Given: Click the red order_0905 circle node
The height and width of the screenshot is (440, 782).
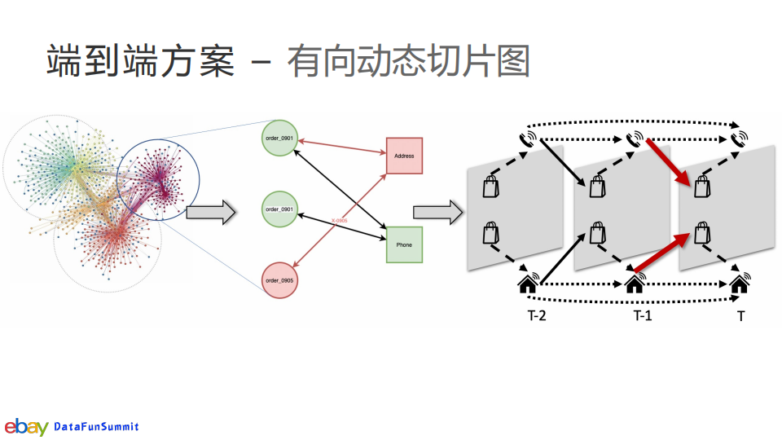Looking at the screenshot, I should (279, 279).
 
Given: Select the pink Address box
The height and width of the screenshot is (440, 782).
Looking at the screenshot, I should (405, 156).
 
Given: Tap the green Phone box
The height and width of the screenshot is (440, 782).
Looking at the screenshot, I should (405, 244).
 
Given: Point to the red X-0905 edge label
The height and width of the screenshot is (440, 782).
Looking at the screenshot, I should (340, 221).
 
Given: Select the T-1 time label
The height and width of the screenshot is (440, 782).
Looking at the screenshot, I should (643, 315).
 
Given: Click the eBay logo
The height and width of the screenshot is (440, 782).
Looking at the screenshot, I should (26, 426).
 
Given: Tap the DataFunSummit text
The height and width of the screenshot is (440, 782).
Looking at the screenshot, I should (96, 427).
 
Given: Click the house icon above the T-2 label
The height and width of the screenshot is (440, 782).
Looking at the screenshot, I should (528, 284).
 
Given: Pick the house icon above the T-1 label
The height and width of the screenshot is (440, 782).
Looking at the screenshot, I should (635, 284).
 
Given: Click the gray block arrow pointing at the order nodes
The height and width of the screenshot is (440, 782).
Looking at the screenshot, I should (210, 213).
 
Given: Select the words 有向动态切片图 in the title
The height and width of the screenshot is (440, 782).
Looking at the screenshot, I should (407, 61).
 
